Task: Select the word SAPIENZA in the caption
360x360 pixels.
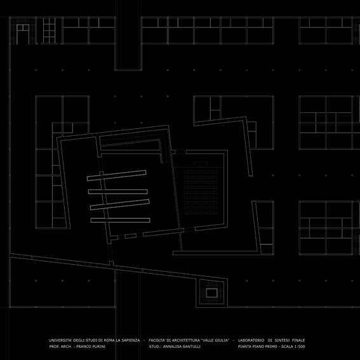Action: pyautogui.click(x=130, y=340)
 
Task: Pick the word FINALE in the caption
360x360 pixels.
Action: pyautogui.click(x=298, y=340)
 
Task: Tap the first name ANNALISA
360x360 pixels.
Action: pyautogui.click(x=172, y=347)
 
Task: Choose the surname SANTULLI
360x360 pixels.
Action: pyautogui.click(x=192, y=347)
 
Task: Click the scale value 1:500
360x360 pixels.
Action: pyautogui.click(x=300, y=347)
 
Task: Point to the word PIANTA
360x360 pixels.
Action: pyautogui.click(x=244, y=347)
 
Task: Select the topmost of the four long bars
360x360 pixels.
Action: pyautogui.click(x=116, y=176)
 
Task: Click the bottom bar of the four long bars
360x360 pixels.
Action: pyautogui.click(x=120, y=220)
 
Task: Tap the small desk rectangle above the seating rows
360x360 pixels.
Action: pyautogui.click(x=201, y=163)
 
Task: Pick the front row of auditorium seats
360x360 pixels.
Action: pyautogui.click(x=201, y=172)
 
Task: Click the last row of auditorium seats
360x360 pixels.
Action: pyautogui.click(x=201, y=213)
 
